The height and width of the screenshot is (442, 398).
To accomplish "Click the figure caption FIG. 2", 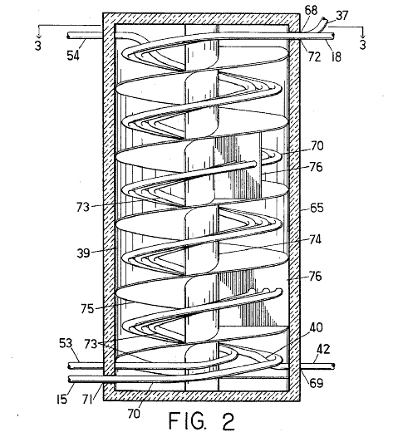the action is click(x=202, y=421).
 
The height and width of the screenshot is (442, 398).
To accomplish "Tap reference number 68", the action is click(x=311, y=11).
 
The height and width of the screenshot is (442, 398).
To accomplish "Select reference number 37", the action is click(x=341, y=15).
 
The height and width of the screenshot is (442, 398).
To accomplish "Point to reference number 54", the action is click(x=73, y=55).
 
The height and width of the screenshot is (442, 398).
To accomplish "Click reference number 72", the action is click(x=314, y=56).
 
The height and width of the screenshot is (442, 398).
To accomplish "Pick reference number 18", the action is click(x=336, y=56).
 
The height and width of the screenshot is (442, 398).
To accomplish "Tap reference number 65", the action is click(x=317, y=208).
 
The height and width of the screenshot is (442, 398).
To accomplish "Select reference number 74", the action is click(x=316, y=240).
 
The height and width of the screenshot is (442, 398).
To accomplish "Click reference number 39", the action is click(x=83, y=253).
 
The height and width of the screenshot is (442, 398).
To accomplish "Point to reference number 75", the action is click(x=87, y=308).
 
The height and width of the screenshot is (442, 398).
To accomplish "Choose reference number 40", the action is click(x=317, y=327).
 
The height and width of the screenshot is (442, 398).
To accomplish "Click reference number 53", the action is click(x=66, y=343).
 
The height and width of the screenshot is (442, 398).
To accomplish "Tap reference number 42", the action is click(x=323, y=349).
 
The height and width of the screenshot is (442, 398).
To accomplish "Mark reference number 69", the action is click(x=317, y=383).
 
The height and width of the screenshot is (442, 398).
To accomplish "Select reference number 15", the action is click(x=62, y=399).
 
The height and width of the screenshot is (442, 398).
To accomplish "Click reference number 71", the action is click(x=87, y=399).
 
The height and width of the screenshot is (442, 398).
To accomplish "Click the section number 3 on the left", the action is click(x=38, y=45).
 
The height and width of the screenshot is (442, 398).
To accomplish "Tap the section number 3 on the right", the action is click(x=363, y=45).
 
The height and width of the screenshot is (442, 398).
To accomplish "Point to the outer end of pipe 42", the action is click(x=333, y=366).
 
